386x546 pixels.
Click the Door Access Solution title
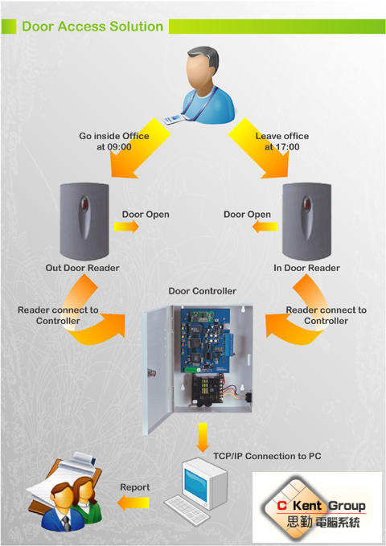click(x=92, y=27)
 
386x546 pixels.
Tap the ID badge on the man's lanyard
click(x=172, y=120)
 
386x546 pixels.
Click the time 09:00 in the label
click(x=119, y=147)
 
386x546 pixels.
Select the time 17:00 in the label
click(x=287, y=147)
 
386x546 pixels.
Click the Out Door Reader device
click(x=84, y=221)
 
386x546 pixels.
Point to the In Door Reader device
click(x=306, y=221)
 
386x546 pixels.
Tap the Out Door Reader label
click(x=82, y=268)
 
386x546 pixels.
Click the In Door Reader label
click(x=306, y=268)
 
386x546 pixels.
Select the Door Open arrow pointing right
click(x=126, y=227)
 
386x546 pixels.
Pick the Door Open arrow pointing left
click(x=265, y=227)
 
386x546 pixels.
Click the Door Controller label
click(x=203, y=291)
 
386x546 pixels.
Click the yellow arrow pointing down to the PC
click(x=203, y=437)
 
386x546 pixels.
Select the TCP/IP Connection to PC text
click(x=267, y=456)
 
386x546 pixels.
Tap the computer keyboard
click(x=187, y=510)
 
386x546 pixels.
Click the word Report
click(x=135, y=487)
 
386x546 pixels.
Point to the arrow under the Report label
click(x=133, y=503)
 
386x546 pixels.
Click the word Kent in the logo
click(x=307, y=506)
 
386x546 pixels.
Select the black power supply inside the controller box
click(x=207, y=390)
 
